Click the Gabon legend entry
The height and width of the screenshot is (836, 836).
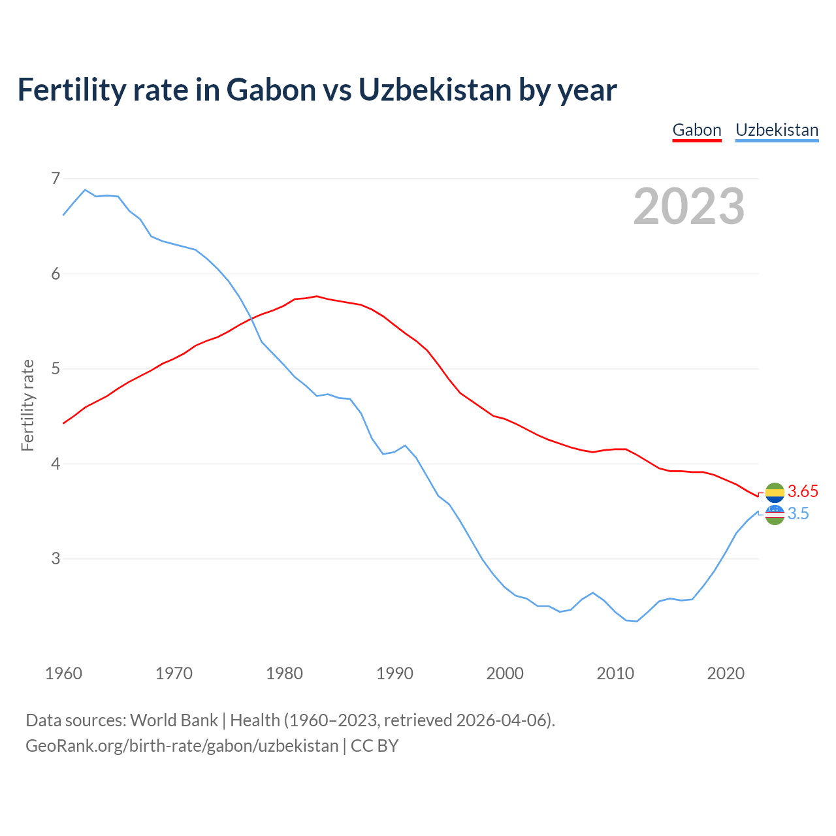click(697, 130)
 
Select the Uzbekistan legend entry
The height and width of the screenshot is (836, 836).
click(777, 130)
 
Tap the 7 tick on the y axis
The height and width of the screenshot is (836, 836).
click(56, 178)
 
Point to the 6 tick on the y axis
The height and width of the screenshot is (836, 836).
click(56, 274)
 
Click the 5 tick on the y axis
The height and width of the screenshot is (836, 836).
click(56, 369)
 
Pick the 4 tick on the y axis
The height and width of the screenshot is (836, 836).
click(56, 464)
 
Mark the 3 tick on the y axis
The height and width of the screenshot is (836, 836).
click(56, 559)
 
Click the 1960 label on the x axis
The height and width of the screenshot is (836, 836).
click(63, 673)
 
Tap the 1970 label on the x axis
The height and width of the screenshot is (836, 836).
click(174, 673)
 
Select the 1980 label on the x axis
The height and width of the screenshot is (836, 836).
click(284, 673)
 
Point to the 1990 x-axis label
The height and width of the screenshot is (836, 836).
click(394, 673)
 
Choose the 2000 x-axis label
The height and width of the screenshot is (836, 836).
click(505, 673)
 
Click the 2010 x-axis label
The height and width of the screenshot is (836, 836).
click(615, 673)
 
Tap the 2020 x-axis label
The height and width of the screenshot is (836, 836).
click(726, 673)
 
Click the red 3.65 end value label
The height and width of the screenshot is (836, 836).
click(803, 492)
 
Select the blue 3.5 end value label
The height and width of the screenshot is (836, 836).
click(798, 514)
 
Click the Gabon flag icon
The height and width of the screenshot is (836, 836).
click(775, 492)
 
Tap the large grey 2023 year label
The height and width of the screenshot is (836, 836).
click(689, 206)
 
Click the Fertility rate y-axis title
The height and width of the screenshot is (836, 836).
click(27, 405)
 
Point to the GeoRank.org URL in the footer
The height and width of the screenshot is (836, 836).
click(182, 746)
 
